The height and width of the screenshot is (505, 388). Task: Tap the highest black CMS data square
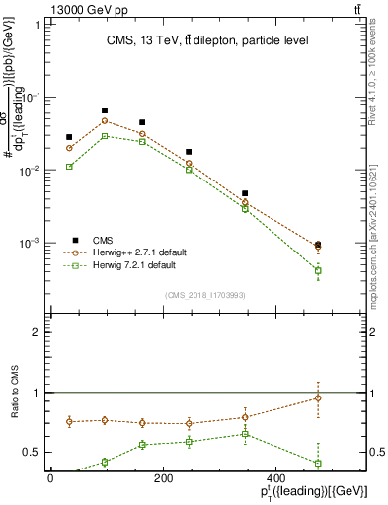105,111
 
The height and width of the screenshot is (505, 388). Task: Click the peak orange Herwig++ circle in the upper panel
105,121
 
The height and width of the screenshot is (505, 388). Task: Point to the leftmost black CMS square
69,137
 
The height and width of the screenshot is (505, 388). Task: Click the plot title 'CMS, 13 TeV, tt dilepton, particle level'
194,40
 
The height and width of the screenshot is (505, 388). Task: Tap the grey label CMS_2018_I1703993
204,295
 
